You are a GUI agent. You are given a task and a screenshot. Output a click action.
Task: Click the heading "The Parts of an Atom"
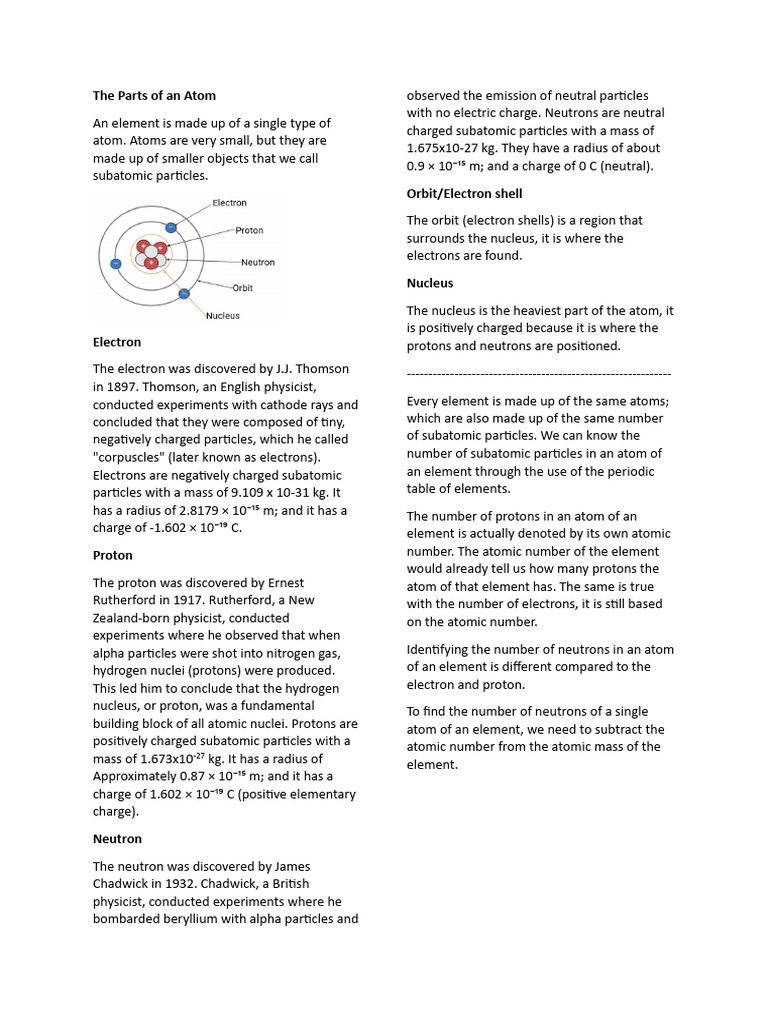point(154,96)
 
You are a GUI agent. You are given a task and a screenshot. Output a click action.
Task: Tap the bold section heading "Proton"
point(113,555)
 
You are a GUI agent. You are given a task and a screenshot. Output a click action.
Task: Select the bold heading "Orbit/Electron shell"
point(464,193)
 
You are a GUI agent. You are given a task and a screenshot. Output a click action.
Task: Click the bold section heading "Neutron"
point(117,839)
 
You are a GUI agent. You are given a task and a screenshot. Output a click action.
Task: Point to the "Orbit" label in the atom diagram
point(243,288)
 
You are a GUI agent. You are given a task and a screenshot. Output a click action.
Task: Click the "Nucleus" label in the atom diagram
point(223,316)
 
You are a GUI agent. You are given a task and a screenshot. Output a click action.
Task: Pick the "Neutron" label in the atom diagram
point(257,263)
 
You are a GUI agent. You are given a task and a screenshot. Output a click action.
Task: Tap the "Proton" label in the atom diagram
point(249,231)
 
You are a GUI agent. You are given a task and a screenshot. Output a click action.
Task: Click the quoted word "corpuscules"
point(130,458)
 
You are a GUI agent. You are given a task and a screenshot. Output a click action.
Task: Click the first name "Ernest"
point(283,583)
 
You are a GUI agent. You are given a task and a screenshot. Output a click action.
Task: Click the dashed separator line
point(539,373)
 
